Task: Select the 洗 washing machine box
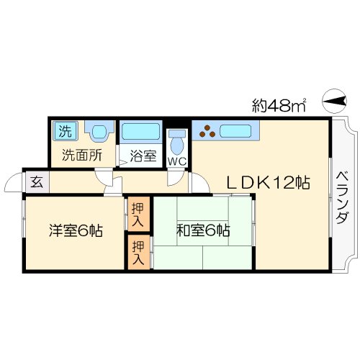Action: tap(65, 131)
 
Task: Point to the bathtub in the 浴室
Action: tap(140, 132)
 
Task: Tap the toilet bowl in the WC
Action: tap(176, 141)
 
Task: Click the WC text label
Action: tap(176, 161)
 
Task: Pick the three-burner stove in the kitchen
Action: tap(209, 131)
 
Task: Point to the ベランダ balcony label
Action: tap(343, 198)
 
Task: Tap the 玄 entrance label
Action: tap(35, 182)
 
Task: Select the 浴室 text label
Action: tap(143, 156)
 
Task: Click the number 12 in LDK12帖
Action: tap(284, 183)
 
